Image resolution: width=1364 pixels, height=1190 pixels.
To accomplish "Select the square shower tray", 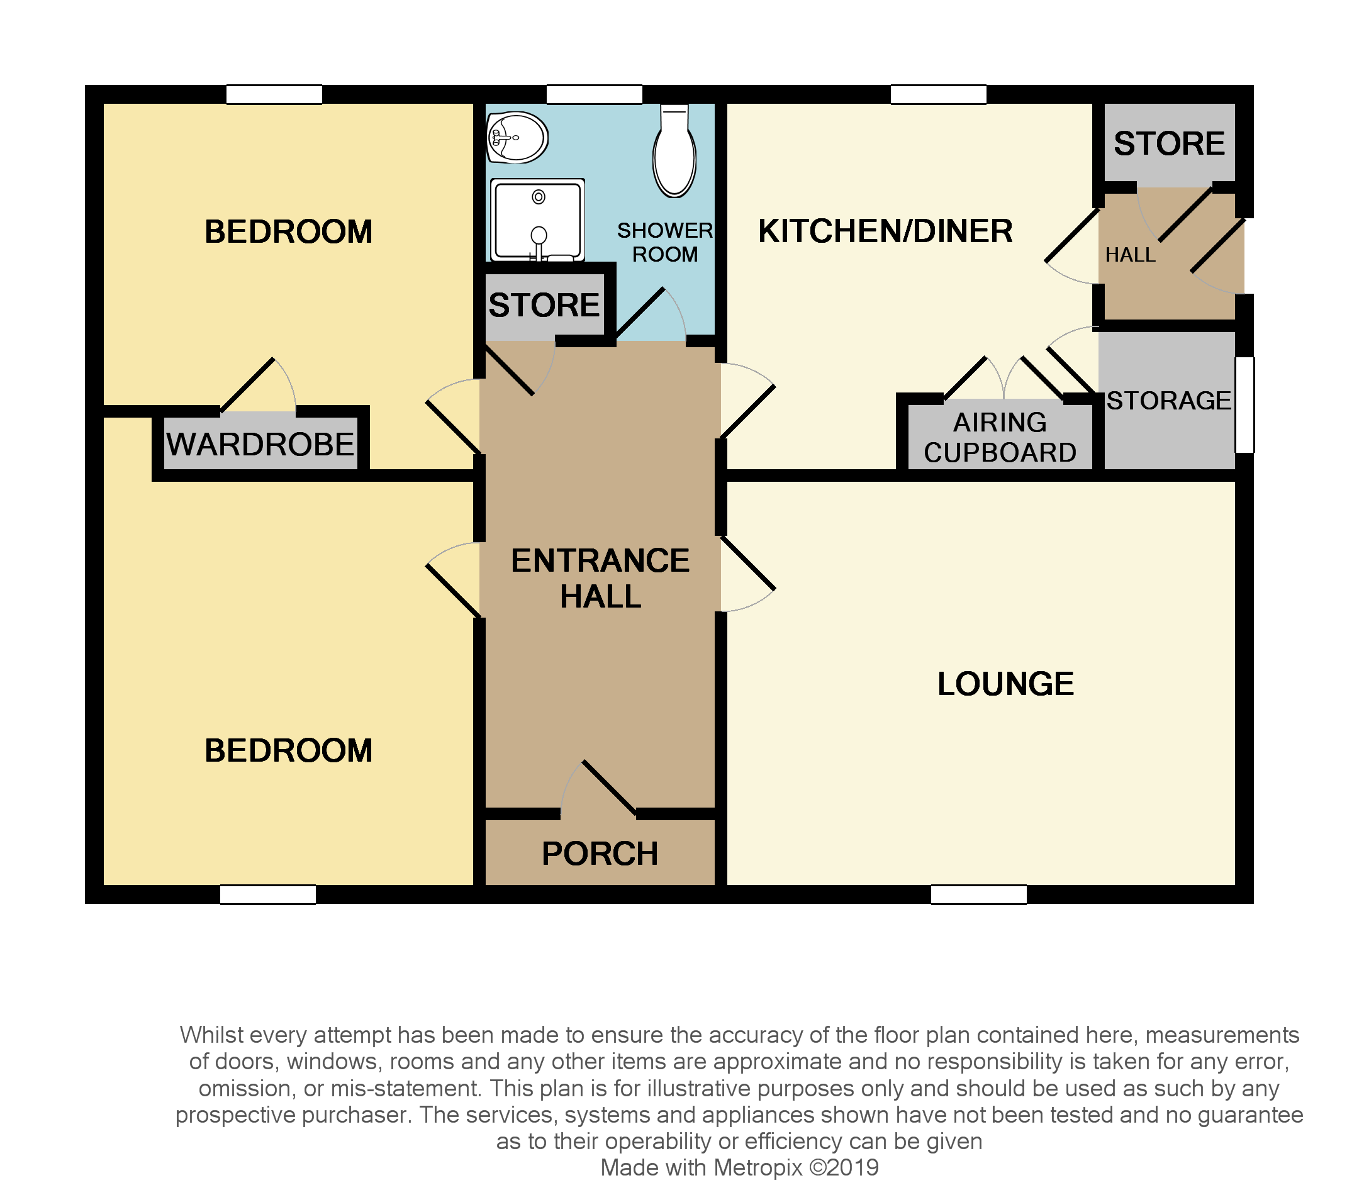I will coord(537,220).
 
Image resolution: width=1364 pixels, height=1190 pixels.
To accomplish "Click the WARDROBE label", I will coord(260,444).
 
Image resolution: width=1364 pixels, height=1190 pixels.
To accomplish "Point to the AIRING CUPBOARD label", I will coord(999,438).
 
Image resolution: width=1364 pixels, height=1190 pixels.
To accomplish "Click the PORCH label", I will coord(600,854).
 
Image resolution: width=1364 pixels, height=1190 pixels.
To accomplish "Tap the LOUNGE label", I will coord(1005,684).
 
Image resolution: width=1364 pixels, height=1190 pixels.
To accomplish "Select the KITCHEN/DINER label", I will coord(885,231).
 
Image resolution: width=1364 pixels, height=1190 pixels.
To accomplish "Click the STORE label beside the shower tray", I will coord(544,306).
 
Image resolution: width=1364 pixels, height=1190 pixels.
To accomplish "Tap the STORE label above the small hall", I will coord(1170,143).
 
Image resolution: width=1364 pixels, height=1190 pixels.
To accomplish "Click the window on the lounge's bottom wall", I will coord(978,894).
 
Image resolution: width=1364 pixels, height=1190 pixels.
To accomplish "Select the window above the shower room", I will coord(594,94).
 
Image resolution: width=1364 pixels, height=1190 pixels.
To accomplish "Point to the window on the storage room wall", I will coord(1244,404).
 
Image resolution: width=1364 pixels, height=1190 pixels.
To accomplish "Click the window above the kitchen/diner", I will coord(938,94).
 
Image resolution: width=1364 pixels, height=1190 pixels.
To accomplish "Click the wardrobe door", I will coord(248,385).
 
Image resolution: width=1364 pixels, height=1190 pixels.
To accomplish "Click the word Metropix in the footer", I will coord(757,1167).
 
